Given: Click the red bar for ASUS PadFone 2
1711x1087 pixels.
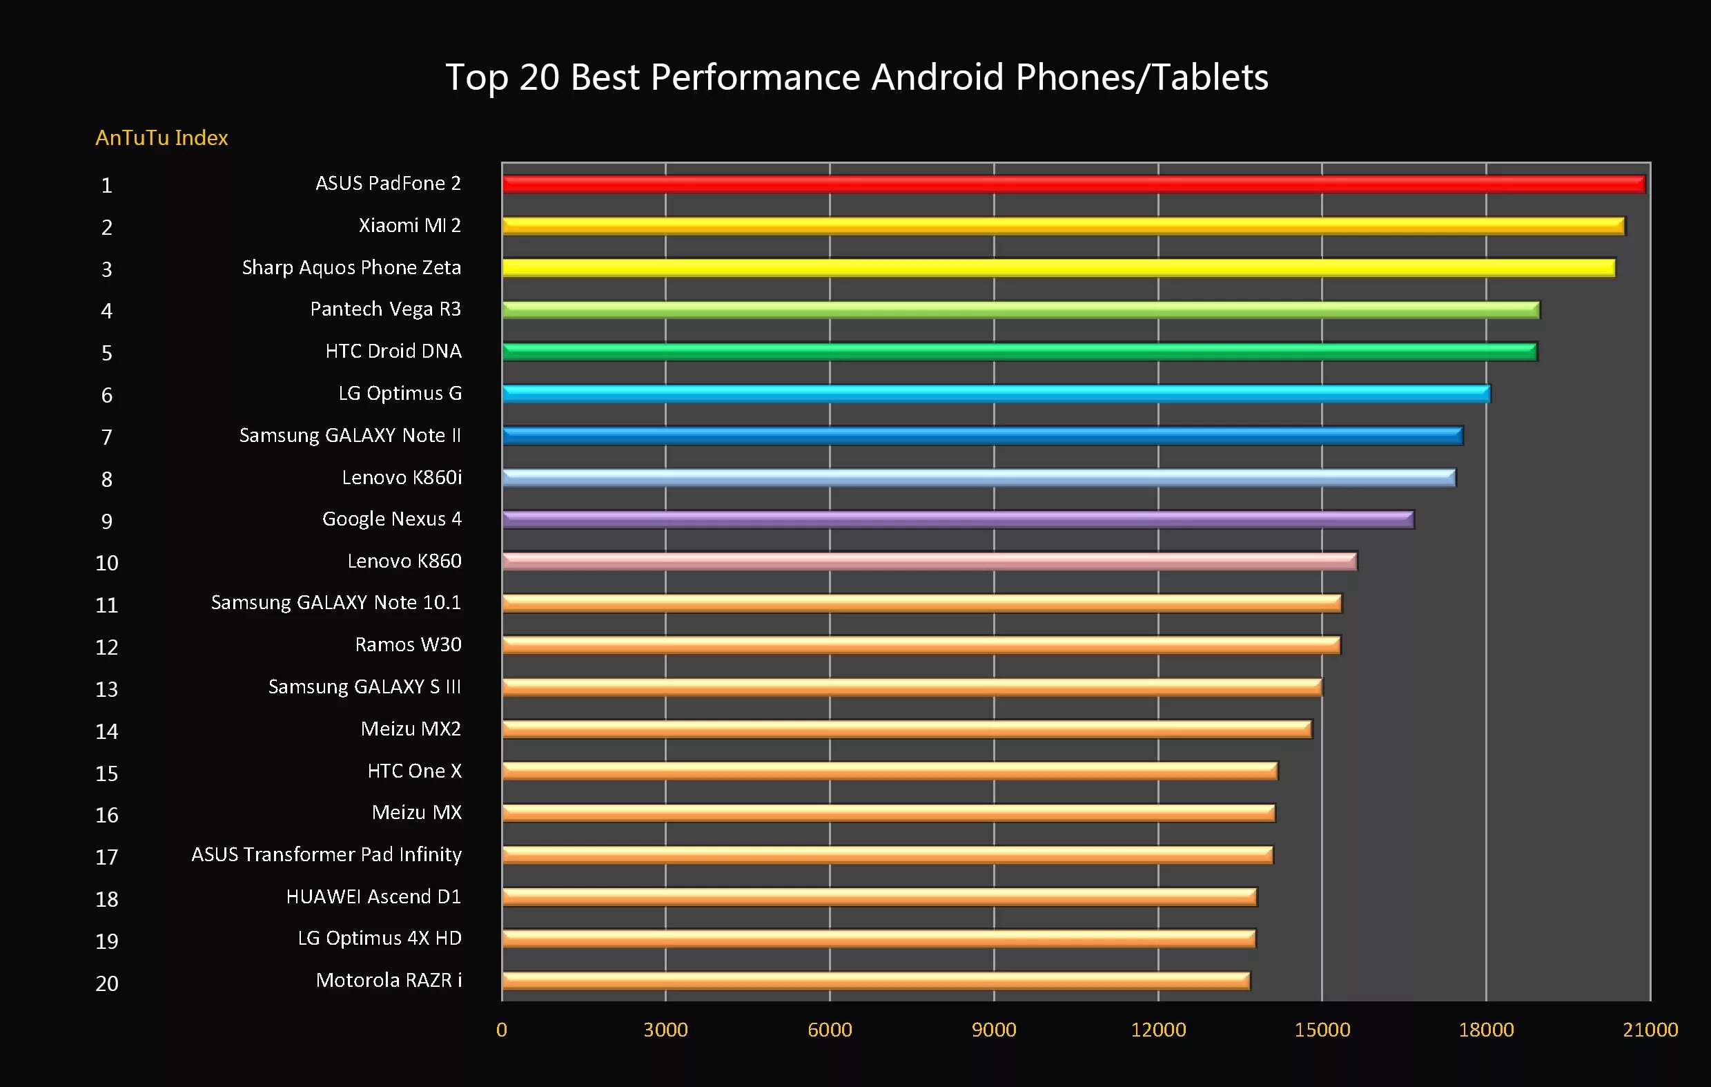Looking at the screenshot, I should [1073, 184].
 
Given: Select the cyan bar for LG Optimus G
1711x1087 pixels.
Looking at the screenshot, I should [995, 393].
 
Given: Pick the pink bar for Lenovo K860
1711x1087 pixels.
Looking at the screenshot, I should [929, 561].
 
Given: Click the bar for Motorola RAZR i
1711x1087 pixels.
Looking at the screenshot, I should [875, 981].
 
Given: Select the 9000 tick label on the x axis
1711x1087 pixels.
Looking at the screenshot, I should [993, 1030].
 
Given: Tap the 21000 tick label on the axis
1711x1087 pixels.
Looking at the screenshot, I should [1650, 1030].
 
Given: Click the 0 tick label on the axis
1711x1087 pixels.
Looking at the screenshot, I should [502, 1030].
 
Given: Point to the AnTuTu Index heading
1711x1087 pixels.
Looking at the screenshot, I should [162, 137].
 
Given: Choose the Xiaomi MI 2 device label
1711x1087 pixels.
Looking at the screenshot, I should [409, 225].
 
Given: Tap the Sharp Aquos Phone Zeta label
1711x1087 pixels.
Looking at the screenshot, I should [351, 267].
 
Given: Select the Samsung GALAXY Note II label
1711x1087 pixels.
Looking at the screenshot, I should [350, 435].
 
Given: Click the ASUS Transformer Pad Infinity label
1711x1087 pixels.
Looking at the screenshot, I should [326, 854].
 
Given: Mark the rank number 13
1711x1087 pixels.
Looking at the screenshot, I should [106, 689].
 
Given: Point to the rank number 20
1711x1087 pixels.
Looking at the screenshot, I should [106, 983].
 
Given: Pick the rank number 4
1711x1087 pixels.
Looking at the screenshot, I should [106, 311].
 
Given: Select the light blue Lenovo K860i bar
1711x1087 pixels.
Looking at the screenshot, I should [979, 477].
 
